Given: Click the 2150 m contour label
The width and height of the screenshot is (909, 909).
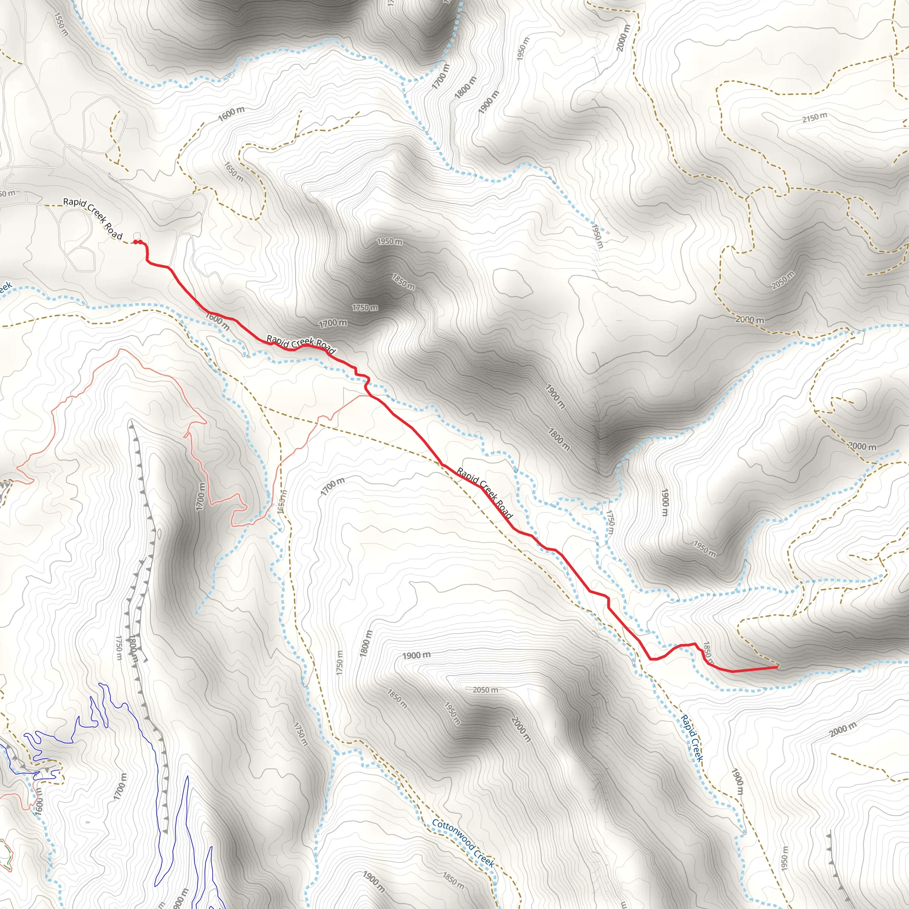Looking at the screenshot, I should (x=814, y=117).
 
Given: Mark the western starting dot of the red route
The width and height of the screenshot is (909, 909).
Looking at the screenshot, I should (x=135, y=242).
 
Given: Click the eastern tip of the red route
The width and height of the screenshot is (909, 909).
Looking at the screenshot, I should (x=776, y=667).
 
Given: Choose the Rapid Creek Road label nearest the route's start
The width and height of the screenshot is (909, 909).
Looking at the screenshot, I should (x=93, y=218).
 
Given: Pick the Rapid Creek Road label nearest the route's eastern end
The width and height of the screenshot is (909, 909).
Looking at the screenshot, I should (x=485, y=493).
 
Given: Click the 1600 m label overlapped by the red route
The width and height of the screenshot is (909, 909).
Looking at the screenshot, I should (x=217, y=321).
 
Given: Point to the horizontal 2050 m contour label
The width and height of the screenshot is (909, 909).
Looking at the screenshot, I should (x=485, y=690).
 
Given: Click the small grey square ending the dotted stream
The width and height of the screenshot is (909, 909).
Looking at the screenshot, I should (x=608, y=233).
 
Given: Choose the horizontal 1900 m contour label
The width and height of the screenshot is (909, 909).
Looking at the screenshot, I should (x=416, y=656).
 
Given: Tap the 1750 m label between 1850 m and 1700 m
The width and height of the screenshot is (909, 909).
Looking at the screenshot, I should (x=365, y=308).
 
